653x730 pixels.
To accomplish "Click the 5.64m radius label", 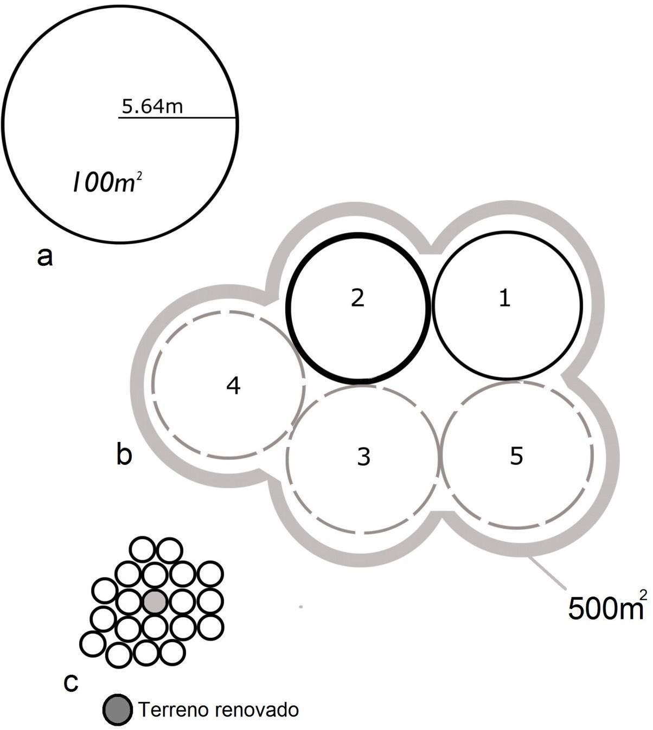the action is [x=152, y=106].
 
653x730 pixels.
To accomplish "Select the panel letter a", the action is [x=45, y=257].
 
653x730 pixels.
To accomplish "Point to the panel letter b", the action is [x=124, y=454].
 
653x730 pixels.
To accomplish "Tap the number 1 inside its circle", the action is [x=504, y=298].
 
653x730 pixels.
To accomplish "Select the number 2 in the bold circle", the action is [x=357, y=298].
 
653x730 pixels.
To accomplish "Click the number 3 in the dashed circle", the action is [x=363, y=457].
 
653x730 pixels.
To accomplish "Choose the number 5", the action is [x=516, y=456].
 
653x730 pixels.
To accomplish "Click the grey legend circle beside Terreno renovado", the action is [x=118, y=709].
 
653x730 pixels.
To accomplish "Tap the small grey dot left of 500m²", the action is [x=300, y=607].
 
